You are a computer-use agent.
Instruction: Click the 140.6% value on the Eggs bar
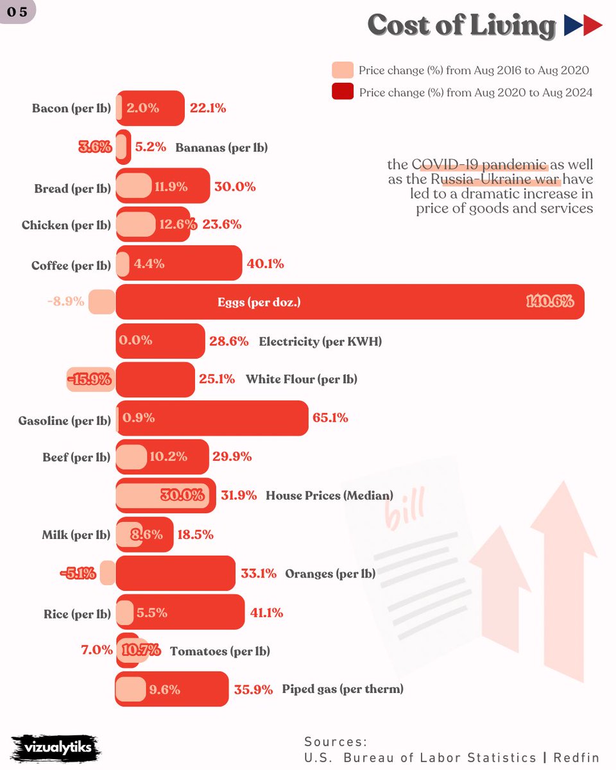click(550, 302)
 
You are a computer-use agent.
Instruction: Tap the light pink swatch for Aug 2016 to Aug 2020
click(343, 70)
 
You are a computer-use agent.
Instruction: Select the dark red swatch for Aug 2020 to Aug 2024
click(343, 91)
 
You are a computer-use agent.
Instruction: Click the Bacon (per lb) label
click(72, 108)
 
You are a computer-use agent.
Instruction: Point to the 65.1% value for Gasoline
click(330, 418)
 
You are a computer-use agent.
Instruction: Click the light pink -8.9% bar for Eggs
click(102, 302)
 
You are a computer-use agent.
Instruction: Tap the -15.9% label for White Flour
click(89, 379)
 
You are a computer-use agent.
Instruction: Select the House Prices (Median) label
click(329, 495)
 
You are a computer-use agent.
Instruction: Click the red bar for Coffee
click(179, 263)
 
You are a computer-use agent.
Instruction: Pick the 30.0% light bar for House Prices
click(162, 495)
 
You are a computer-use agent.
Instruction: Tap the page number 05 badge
click(17, 12)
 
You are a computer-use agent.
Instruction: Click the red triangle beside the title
click(592, 25)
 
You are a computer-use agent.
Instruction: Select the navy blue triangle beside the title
click(573, 25)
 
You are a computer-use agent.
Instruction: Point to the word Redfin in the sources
click(576, 757)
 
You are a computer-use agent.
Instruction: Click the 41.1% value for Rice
click(266, 613)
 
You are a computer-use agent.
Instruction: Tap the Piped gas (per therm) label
click(343, 689)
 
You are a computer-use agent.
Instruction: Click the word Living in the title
click(513, 26)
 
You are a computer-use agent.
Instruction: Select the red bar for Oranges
click(175, 573)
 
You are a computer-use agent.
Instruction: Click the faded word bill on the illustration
click(404, 508)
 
